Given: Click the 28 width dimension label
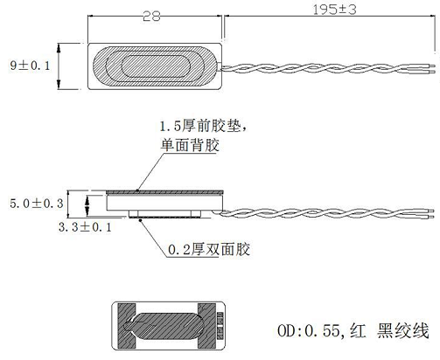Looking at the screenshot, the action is [151, 17].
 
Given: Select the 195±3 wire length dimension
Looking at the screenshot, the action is [334, 10].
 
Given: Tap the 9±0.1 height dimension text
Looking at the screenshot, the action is [30, 66].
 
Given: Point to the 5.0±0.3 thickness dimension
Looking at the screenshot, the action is [37, 204].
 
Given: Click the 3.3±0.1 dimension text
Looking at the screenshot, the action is [85, 227].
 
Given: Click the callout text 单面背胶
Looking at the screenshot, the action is [190, 145].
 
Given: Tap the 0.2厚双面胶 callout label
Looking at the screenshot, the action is [209, 250].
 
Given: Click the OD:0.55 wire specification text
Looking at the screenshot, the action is [309, 331].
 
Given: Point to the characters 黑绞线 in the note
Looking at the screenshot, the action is [402, 331].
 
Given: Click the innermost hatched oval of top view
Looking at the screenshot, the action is [156, 66].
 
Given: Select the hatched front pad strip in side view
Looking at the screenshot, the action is [164, 192].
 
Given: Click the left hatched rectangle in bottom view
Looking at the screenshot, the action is [127, 326].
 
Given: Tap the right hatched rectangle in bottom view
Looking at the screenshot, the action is [206, 326].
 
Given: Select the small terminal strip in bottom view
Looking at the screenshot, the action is [220, 326].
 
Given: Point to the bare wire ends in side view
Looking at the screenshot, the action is [428, 213].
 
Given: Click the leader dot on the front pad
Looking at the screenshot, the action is [137, 190].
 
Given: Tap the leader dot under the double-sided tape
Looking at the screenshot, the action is [141, 220].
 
